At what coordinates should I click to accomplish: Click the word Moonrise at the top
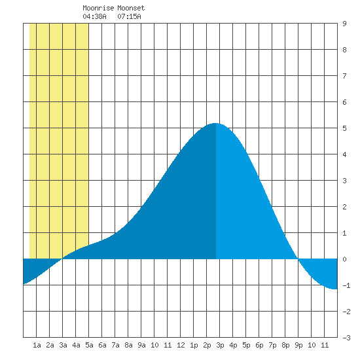tap(98, 8)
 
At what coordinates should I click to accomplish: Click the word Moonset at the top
tap(131, 8)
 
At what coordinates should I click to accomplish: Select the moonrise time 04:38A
tap(94, 16)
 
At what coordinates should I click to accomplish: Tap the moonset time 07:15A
tap(129, 16)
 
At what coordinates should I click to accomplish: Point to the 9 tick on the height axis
tap(344, 24)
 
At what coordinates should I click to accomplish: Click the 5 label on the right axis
tap(344, 128)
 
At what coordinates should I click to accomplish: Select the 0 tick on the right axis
tap(344, 259)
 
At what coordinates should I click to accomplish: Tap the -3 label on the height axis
tap(346, 338)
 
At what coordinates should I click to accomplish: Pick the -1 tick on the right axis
tap(346, 285)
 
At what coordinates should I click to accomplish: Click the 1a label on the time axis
tap(37, 345)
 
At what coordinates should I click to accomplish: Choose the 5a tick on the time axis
tap(89, 345)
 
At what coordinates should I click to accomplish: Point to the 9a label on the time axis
tap(141, 345)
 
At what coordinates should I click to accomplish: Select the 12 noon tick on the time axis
tap(181, 345)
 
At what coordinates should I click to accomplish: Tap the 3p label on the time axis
tap(220, 345)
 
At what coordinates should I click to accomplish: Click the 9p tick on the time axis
tap(298, 345)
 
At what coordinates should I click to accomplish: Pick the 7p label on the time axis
tap(272, 345)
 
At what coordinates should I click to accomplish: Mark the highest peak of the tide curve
tap(215, 123)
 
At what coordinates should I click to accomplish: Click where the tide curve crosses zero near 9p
tap(298, 259)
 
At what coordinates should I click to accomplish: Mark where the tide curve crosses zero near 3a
tap(62, 259)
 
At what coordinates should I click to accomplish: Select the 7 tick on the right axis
tap(344, 76)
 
